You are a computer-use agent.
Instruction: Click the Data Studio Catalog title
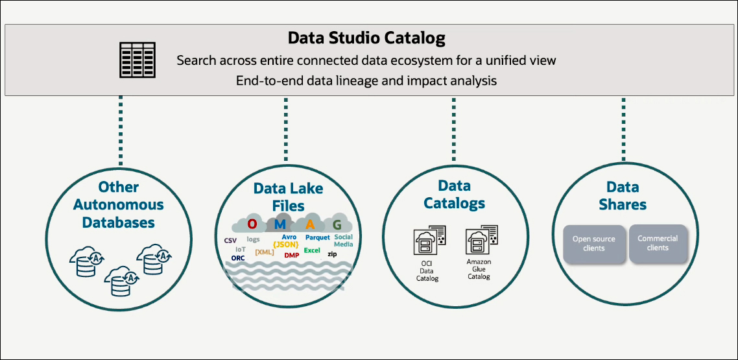click(x=366, y=38)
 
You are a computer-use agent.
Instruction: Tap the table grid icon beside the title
click(x=137, y=60)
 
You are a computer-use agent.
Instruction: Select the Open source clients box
click(x=593, y=244)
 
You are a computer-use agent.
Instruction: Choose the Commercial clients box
click(x=658, y=243)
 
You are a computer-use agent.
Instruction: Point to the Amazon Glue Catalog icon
click(x=479, y=242)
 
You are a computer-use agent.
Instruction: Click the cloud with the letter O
click(x=253, y=224)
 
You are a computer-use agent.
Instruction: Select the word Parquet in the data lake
click(x=318, y=238)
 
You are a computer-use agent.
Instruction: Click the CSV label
click(x=230, y=240)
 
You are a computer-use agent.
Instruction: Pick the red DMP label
click(x=292, y=256)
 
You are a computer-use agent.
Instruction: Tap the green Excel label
click(x=312, y=250)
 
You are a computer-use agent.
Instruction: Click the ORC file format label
click(x=238, y=258)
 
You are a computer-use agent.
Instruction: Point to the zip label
click(x=332, y=254)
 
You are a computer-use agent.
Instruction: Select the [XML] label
click(x=264, y=252)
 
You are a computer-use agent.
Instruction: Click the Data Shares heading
click(x=623, y=195)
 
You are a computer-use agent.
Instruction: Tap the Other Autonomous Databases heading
click(x=119, y=204)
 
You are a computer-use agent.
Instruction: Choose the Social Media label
click(x=344, y=241)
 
